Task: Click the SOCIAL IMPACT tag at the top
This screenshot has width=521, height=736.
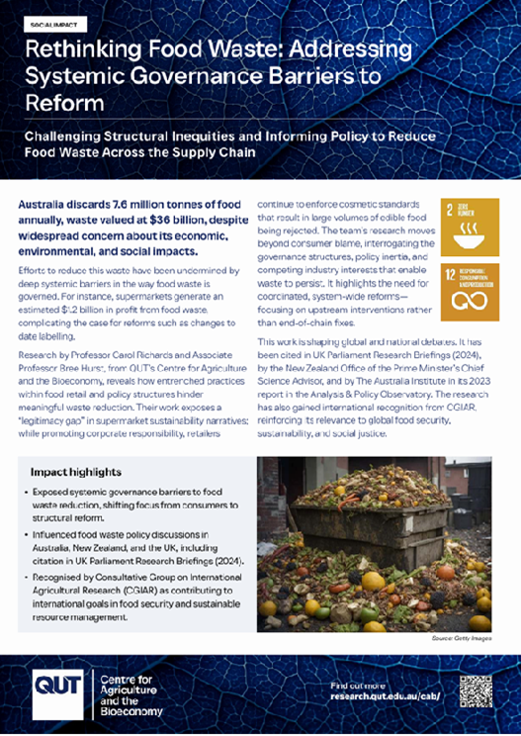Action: (x=57, y=21)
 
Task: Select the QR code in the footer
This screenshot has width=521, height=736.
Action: (x=476, y=691)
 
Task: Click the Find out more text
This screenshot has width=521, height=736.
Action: (x=357, y=684)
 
